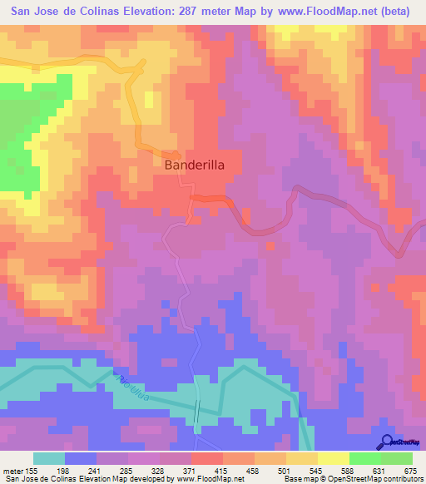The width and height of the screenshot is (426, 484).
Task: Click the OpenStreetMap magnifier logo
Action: (x=388, y=442)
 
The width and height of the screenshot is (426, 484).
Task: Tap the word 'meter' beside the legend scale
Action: (x=17, y=471)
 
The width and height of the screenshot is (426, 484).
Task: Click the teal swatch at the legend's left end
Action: (x=49, y=458)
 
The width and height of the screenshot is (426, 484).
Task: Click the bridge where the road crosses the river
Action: (x=198, y=408)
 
